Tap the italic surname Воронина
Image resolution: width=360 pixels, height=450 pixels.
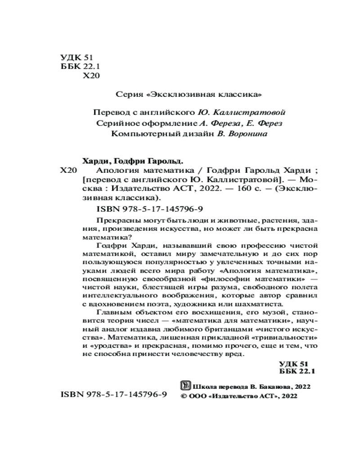click(250, 134)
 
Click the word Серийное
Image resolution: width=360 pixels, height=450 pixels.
click(116, 123)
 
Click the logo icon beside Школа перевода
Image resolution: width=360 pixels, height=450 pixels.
click(184, 386)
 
